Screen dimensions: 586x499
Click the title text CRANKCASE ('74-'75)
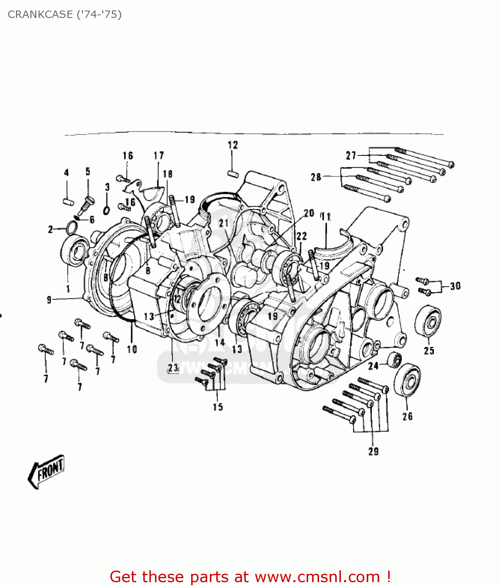(x=65, y=14)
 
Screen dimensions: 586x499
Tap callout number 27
(x=351, y=155)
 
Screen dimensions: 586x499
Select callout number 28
(x=316, y=177)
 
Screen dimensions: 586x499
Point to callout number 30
(x=455, y=286)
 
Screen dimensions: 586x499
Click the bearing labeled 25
(x=428, y=321)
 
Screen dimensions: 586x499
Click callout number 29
(x=373, y=451)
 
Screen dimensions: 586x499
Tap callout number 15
(x=218, y=407)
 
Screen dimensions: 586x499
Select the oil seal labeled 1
(x=73, y=250)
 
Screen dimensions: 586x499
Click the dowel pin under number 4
(x=67, y=201)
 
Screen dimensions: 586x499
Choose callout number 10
(x=132, y=349)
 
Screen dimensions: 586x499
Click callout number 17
(x=158, y=155)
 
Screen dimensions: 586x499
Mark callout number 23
(x=173, y=368)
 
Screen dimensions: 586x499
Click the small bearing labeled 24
(x=394, y=359)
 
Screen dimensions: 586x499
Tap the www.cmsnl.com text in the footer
(x=317, y=577)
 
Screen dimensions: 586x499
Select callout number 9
(x=49, y=300)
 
